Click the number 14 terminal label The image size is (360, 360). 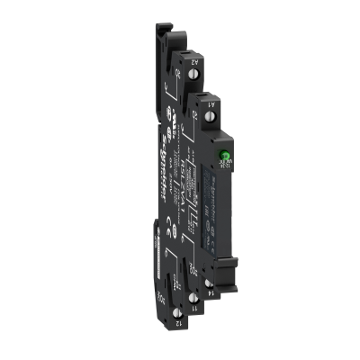click(x=209, y=290)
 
